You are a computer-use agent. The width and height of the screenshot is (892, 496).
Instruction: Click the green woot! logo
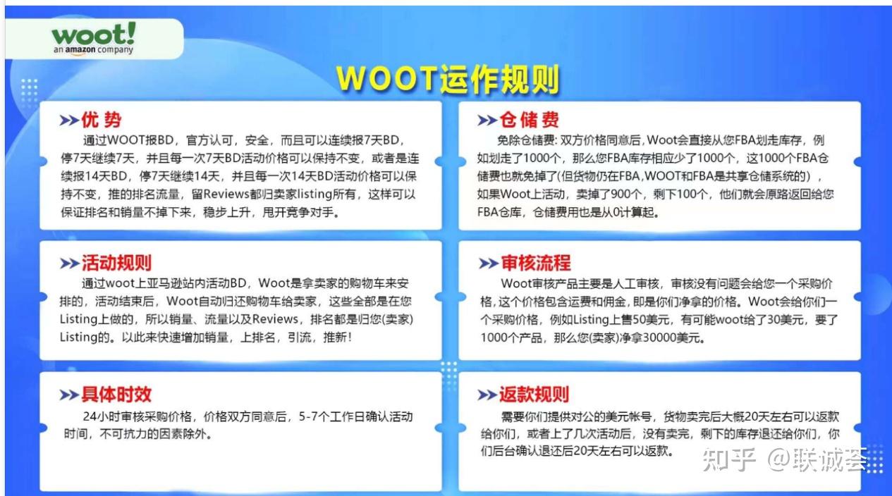[x=93, y=34]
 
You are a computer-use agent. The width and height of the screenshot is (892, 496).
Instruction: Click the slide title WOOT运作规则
[x=447, y=79]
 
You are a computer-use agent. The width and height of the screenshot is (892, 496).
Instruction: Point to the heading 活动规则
[x=116, y=263]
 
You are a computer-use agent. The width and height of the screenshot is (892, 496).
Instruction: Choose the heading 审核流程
[x=535, y=263]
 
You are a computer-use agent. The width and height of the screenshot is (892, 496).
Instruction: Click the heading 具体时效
[x=116, y=395]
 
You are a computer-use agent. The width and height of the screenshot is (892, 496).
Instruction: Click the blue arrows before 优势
[x=69, y=120]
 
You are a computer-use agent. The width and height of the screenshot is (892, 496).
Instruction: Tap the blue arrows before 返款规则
[x=488, y=395]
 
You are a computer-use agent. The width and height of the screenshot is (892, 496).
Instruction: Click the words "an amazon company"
[x=93, y=51]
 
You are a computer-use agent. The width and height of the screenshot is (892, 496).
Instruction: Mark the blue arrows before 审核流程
[x=488, y=264]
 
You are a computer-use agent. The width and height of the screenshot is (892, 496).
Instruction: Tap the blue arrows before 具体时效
[x=69, y=395]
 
